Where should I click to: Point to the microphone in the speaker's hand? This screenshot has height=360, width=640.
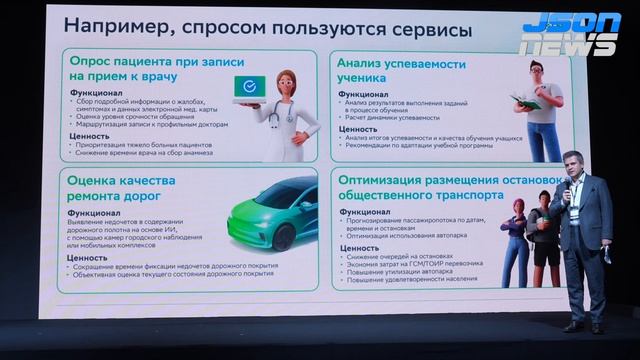coord(566,186)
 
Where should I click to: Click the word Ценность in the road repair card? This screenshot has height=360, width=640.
coord(89,259)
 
